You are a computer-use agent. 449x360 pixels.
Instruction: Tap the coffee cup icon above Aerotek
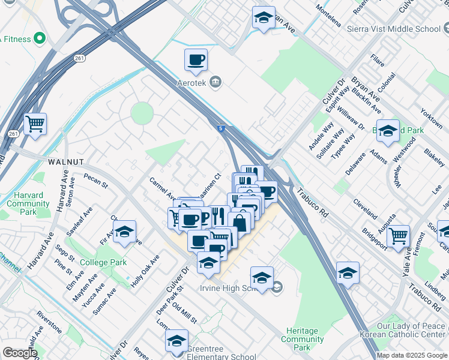196,61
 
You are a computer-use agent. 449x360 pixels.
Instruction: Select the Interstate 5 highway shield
222,127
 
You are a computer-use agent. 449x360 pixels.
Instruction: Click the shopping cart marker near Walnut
35,125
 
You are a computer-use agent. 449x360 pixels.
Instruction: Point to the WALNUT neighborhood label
65,162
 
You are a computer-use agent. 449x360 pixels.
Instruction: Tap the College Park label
103,262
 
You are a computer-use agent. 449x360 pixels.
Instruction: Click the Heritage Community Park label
303,339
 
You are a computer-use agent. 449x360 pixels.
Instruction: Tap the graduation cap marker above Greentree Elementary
176,341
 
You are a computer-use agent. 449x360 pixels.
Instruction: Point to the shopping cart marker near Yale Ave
399,237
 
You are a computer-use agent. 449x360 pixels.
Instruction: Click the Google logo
19,353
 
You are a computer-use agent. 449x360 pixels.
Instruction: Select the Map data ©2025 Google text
412,355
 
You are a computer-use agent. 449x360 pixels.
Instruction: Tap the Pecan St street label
96,181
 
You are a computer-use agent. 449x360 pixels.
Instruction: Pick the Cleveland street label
365,209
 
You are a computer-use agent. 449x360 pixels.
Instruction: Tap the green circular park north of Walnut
142,113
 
